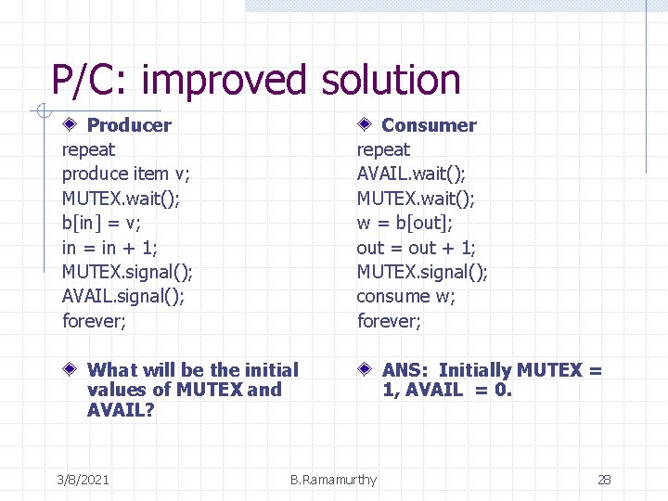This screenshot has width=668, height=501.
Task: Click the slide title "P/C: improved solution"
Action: click(255, 80)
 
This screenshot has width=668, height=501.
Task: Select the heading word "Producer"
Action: click(129, 125)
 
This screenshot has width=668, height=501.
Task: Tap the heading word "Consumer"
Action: click(429, 125)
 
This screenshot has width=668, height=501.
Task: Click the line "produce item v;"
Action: click(126, 173)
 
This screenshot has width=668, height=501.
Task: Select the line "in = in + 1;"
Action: click(109, 248)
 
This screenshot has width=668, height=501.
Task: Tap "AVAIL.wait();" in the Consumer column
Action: click(411, 173)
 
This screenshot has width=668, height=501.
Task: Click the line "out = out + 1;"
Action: click(416, 248)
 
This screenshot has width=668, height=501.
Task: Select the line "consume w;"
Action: click(406, 296)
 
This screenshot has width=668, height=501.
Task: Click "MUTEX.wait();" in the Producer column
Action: click(121, 198)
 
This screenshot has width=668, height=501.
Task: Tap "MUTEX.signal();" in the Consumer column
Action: click(422, 272)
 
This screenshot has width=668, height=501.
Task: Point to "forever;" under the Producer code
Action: click(92, 321)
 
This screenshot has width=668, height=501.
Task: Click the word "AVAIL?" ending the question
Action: click(121, 409)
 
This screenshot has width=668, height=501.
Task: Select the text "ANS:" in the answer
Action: click(406, 370)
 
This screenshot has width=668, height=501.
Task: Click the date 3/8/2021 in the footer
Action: click(83, 480)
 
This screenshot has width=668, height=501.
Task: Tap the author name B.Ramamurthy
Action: click(333, 480)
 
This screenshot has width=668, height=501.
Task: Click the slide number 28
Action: click(604, 480)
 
